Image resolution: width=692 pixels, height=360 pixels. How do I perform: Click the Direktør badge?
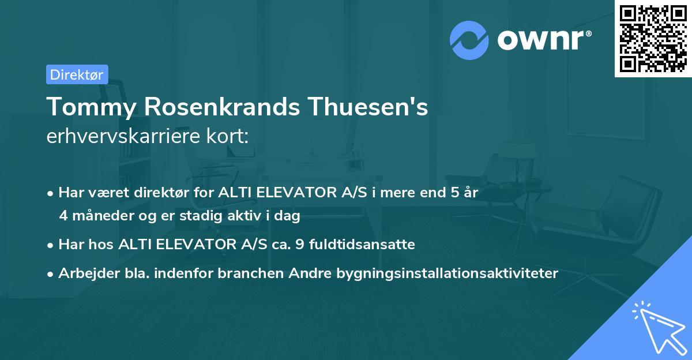pos(77,74)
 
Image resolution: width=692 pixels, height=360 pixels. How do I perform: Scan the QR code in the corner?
pos(653,38)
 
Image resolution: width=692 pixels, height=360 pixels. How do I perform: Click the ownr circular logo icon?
pos(469,40)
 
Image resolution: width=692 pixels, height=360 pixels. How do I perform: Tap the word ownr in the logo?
pos(543,40)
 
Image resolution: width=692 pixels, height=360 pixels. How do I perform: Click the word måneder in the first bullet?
pos(100,216)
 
